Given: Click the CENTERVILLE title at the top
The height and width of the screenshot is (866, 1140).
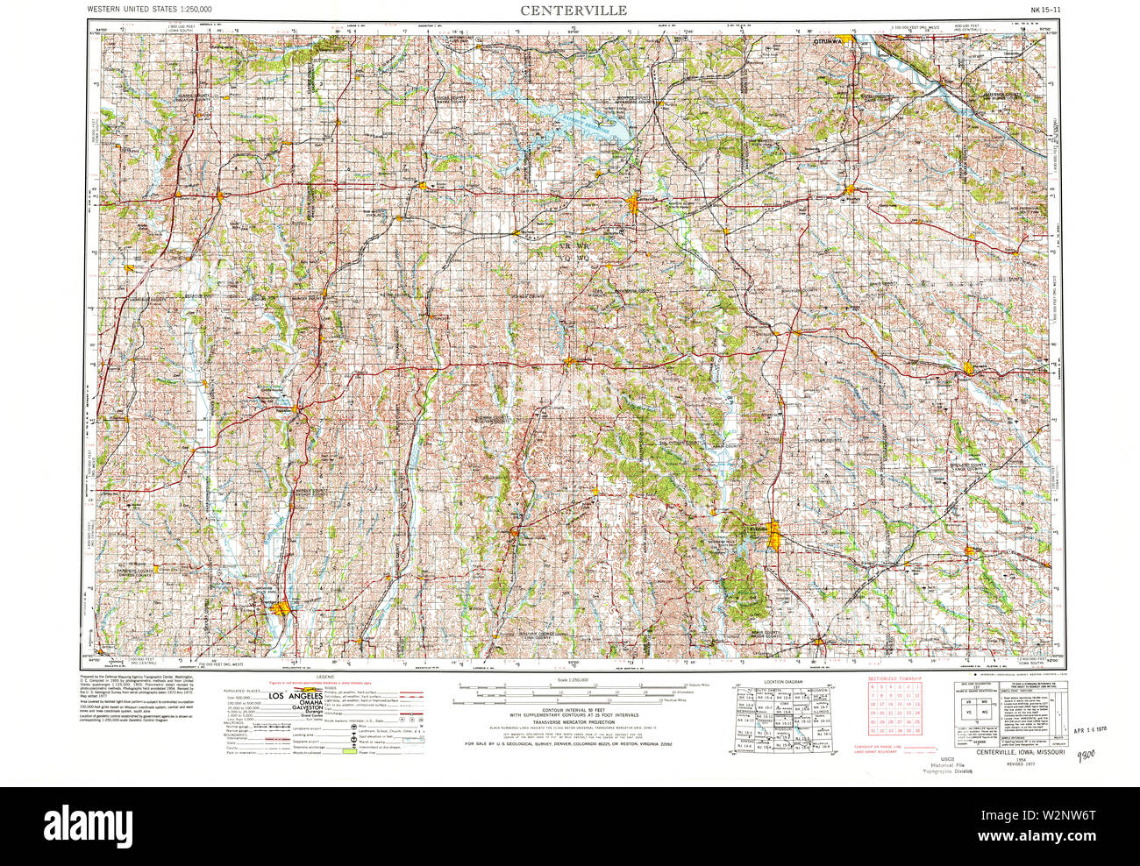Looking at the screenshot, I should [574, 11].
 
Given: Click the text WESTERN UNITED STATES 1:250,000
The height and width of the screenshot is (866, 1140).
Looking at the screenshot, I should [148, 10].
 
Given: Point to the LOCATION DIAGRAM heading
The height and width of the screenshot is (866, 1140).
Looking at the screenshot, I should [782, 681].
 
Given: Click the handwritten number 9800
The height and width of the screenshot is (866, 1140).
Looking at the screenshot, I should [1087, 755].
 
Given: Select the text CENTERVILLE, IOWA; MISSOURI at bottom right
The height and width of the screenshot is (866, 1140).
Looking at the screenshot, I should [1013, 752].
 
